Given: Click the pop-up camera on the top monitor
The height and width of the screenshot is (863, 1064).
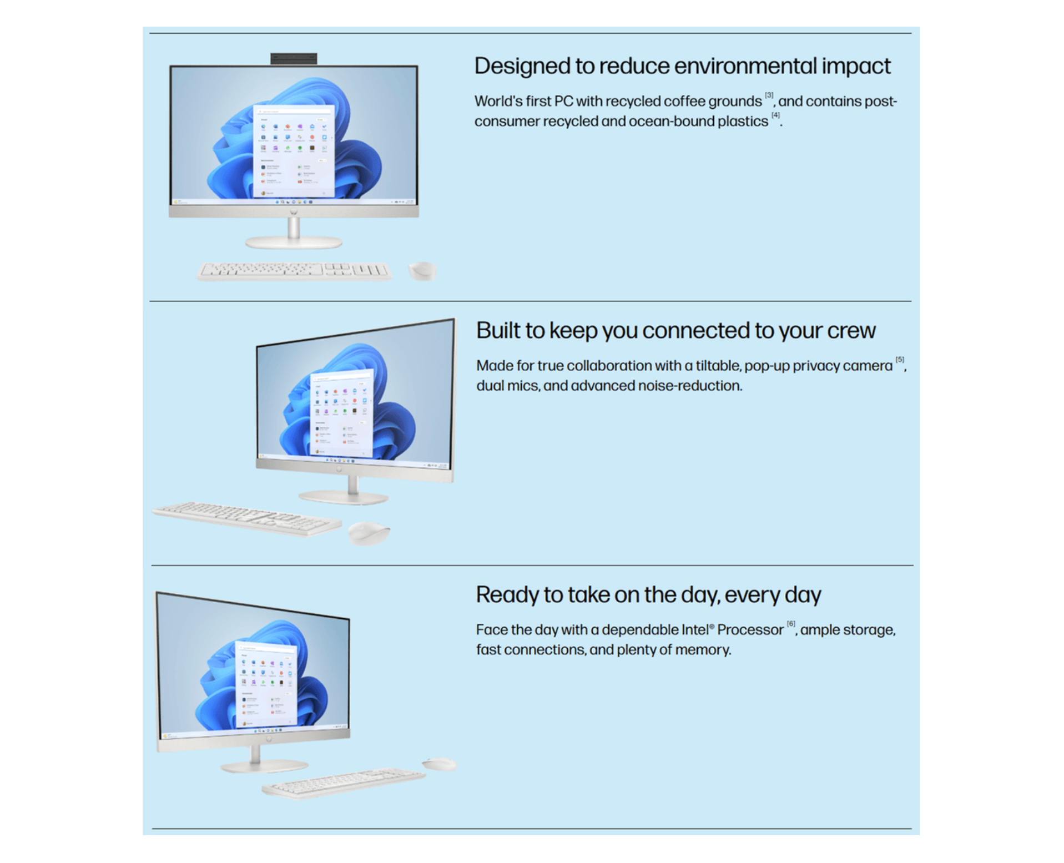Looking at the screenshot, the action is click(x=294, y=58).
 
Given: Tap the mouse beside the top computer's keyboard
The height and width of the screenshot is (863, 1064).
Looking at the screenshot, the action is click(x=422, y=271).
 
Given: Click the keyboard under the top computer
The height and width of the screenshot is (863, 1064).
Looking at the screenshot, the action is click(x=294, y=271).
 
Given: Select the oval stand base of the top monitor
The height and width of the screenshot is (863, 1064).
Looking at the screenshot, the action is click(x=294, y=241).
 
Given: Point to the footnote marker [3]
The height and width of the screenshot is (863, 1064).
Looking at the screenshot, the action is click(x=769, y=95).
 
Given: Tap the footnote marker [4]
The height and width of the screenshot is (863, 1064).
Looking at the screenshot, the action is click(x=775, y=115).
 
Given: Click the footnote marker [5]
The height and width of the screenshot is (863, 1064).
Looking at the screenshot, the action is click(x=900, y=359).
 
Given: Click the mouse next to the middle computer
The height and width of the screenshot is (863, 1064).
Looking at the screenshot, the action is click(x=369, y=533).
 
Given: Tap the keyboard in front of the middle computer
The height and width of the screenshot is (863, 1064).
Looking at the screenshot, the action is click(x=248, y=518).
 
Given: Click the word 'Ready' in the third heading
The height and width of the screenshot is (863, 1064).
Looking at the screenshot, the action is click(x=507, y=595).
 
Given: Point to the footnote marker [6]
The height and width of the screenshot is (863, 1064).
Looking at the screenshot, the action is click(x=791, y=623).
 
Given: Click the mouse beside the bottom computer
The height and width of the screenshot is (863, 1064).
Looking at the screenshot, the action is click(x=440, y=764).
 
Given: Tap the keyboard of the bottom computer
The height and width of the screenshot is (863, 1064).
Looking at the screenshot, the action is click(x=344, y=783).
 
